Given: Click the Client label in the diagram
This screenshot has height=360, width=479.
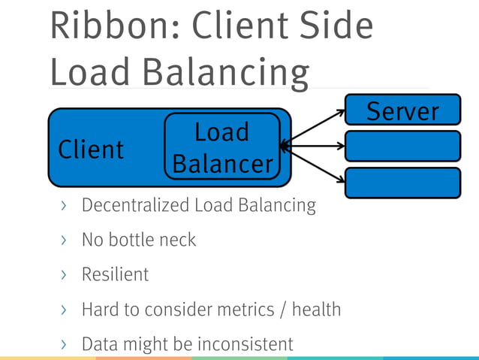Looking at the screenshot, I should pyautogui.click(x=91, y=150).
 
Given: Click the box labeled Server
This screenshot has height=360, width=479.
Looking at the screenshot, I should pyautogui.click(x=402, y=110).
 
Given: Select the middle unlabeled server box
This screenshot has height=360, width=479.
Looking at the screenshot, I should pyautogui.click(x=402, y=146).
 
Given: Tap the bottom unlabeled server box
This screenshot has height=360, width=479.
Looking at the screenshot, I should pyautogui.click(x=402, y=183).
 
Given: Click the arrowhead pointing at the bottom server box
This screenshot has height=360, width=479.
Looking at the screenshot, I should pyautogui.click(x=341, y=179).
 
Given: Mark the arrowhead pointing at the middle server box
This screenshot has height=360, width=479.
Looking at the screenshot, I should pyautogui.click(x=341, y=146).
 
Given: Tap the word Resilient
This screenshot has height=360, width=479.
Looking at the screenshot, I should pyautogui.click(x=115, y=274).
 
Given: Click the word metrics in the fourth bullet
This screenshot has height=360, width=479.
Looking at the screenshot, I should pyautogui.click(x=246, y=309).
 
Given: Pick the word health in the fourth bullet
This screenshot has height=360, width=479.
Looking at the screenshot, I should pyautogui.click(x=316, y=309).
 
